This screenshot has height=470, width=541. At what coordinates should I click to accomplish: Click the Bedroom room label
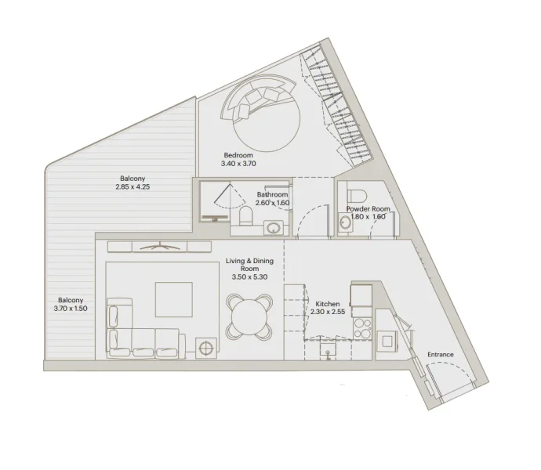[x=238, y=156]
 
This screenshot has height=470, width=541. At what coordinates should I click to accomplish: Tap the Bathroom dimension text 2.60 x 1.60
[x=273, y=203]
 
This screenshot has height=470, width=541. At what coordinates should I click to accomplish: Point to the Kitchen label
[x=327, y=304]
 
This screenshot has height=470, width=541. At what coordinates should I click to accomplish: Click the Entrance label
[x=440, y=355]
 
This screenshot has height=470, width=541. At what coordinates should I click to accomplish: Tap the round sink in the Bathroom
[x=273, y=228]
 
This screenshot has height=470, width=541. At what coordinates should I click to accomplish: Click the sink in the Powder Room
[x=346, y=224]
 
